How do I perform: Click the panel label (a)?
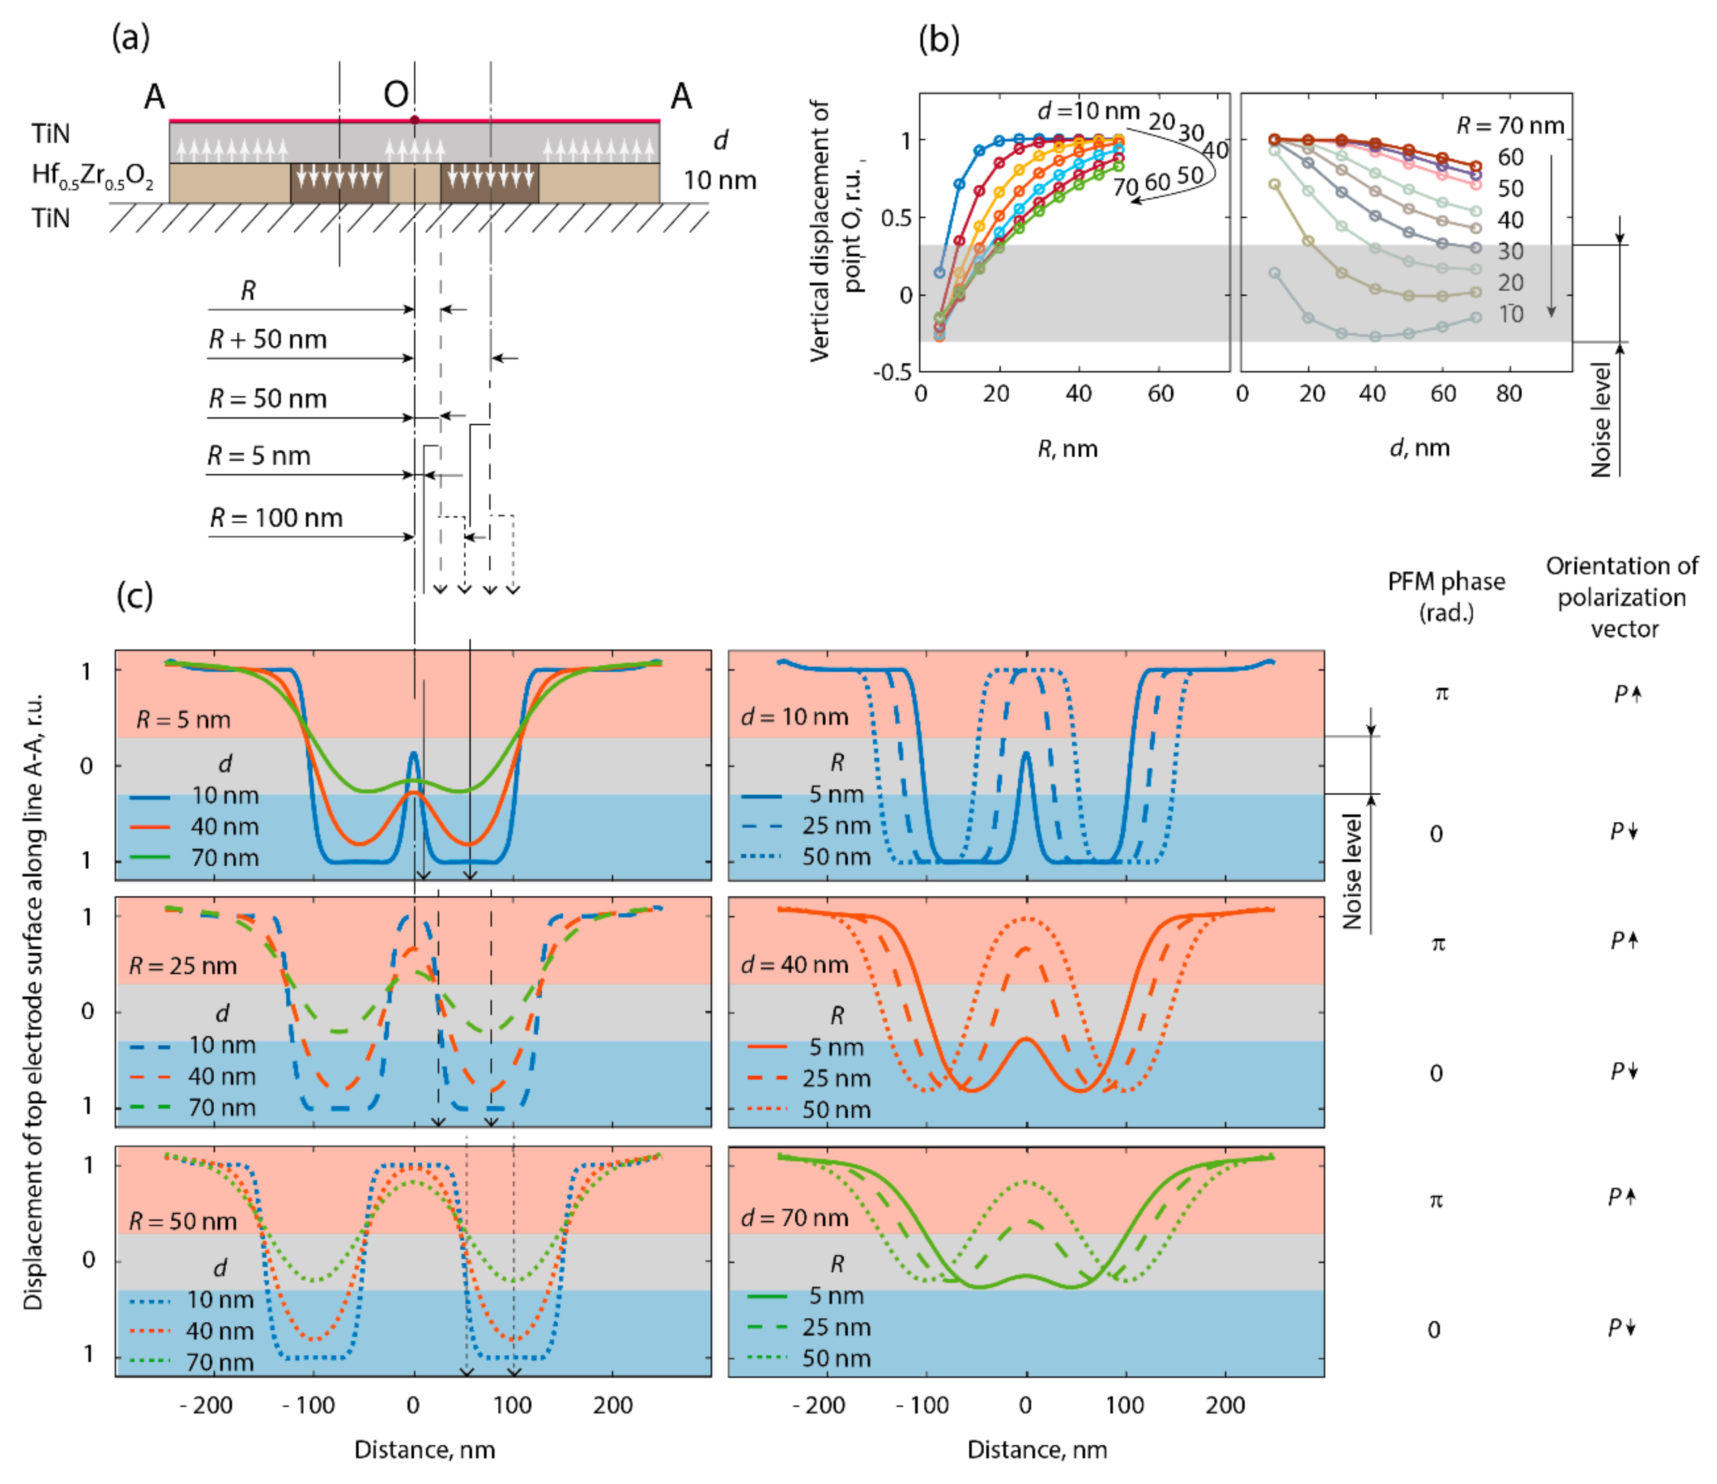[x=131, y=37]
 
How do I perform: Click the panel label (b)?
[x=939, y=39]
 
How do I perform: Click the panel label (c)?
[x=134, y=595]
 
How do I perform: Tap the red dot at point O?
[x=414, y=120]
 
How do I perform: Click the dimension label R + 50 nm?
[x=268, y=339]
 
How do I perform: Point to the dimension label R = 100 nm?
[x=276, y=518]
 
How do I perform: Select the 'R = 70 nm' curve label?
[x=1510, y=126]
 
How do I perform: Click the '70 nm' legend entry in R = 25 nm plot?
[x=222, y=1108]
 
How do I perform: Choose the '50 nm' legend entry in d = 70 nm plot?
[x=836, y=1358]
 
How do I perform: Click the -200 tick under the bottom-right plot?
[x=819, y=1405]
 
